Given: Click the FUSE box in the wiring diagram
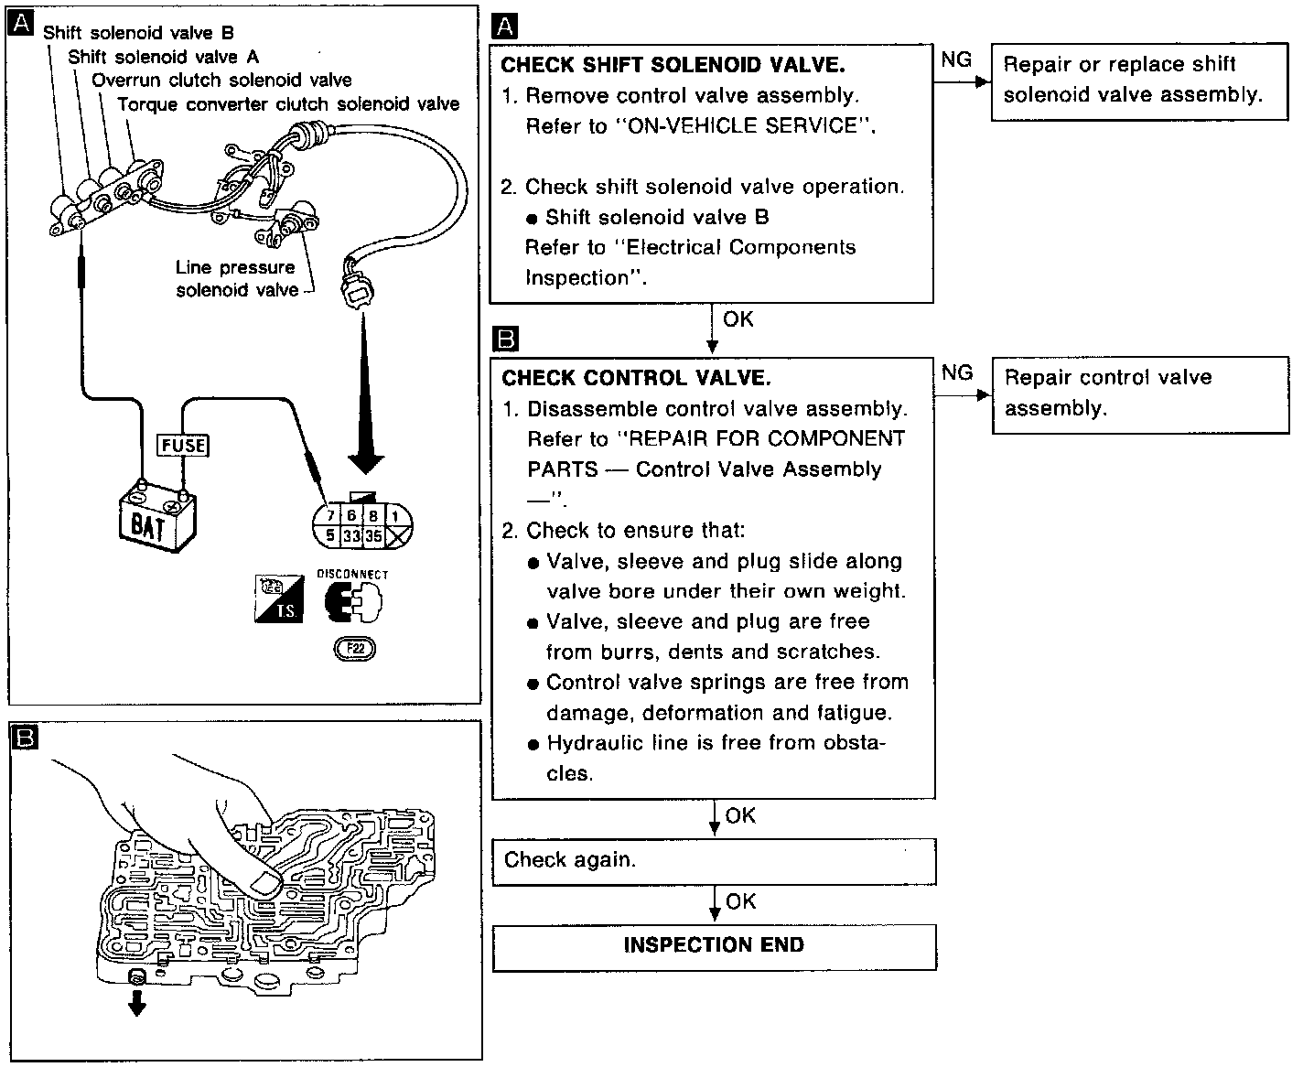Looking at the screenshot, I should pos(183,446).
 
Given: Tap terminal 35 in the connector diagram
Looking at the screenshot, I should pos(373,536).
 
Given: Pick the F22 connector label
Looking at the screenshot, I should pos(355,649).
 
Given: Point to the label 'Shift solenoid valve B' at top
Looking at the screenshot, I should pos(138,33).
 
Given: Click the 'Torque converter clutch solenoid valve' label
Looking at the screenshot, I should pos(288,104).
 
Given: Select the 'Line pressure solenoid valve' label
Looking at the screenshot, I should pos(236,278).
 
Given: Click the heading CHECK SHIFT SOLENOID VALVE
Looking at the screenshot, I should pos(673,65).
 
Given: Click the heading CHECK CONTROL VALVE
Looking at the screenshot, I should pos(636,378).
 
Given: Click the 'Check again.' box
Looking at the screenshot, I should pos(714,860).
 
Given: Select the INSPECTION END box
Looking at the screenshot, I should pos(714,946).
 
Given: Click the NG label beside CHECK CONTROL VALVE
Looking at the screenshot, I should pos(957,372).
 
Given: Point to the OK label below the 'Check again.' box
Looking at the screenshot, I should pos(740,901).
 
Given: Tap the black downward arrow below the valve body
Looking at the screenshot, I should pos(136,1004).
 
